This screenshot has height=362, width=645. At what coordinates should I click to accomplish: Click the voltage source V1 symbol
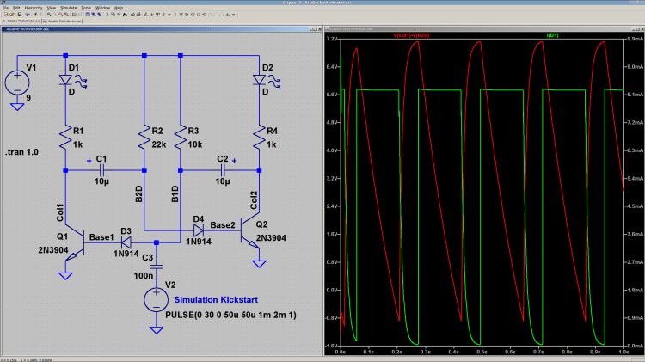(x=16, y=83)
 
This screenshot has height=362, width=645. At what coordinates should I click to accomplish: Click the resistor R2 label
(x=157, y=131)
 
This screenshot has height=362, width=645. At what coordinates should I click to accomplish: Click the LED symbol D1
(x=66, y=80)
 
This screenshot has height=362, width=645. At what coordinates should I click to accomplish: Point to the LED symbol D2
(x=259, y=80)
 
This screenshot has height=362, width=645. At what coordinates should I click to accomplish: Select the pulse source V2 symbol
(x=157, y=298)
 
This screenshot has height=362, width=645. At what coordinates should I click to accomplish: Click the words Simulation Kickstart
(x=222, y=300)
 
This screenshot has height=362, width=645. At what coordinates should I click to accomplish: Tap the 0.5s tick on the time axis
(x=483, y=352)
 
